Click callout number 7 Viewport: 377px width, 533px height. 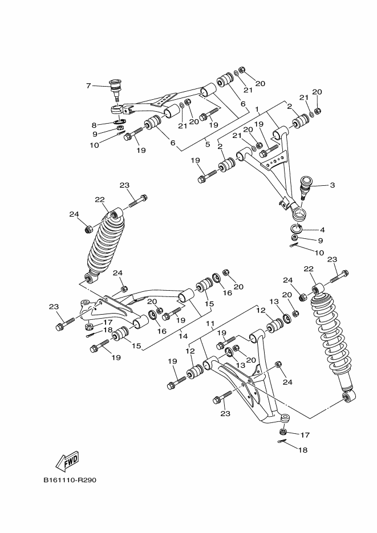click(x=88, y=86)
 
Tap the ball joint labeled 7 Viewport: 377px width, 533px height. click(x=116, y=88)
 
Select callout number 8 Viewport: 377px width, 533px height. click(x=95, y=124)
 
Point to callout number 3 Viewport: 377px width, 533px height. click(x=331, y=185)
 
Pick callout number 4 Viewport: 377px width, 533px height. click(x=321, y=230)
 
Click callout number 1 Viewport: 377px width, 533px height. click(x=257, y=108)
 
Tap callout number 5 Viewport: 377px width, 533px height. click(x=208, y=144)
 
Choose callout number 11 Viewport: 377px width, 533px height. click(x=210, y=323)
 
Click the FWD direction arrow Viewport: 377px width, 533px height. click(x=67, y=460)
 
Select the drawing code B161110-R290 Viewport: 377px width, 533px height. click(x=70, y=480)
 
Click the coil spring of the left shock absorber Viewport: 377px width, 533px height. click(x=106, y=245)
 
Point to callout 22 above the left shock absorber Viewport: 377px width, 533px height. click(x=100, y=200)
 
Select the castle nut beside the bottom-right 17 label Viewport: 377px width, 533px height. click(x=285, y=432)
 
